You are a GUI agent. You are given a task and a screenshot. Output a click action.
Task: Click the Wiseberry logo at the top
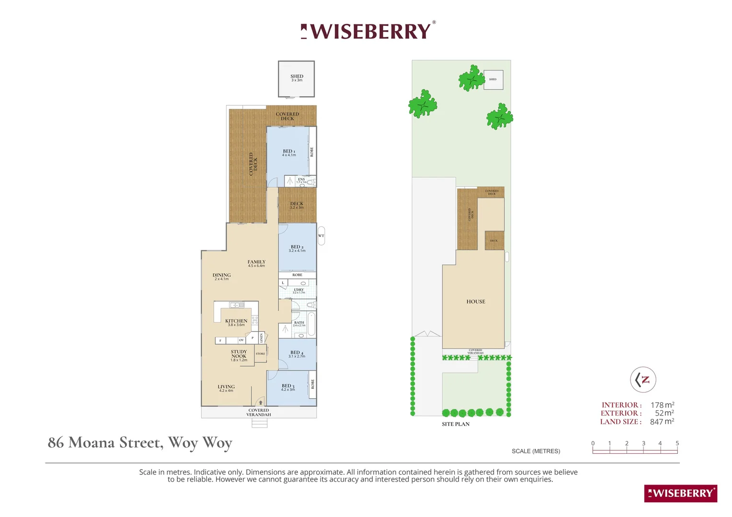coord(368,31)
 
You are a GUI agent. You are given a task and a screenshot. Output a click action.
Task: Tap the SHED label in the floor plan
coord(297,77)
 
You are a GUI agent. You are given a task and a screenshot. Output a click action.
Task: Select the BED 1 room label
coord(289,152)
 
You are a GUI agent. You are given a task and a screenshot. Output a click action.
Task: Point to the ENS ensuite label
coord(301,180)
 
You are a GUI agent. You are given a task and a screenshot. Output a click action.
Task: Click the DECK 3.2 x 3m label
coord(297,205)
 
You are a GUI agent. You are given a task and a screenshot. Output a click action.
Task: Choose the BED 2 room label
coord(297,248)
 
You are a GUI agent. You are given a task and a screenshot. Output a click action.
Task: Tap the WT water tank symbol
coord(321,236)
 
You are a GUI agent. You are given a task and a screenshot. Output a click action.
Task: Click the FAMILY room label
coord(256,263)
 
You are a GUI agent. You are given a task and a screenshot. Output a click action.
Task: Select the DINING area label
coord(222,276)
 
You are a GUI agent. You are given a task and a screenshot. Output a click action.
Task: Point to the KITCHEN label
coord(236,322)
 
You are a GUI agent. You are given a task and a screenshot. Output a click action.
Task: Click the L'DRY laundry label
coord(299,290)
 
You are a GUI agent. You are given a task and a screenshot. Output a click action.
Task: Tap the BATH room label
coord(299,323)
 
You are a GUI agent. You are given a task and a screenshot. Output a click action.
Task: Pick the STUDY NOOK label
coord(239,355)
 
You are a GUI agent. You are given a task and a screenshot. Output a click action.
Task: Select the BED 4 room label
coord(297,353)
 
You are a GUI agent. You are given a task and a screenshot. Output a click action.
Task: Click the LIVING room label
coord(226,387)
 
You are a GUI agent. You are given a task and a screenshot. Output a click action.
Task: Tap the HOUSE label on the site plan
coord(476,302)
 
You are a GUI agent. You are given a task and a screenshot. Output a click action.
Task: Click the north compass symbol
coord(643,380)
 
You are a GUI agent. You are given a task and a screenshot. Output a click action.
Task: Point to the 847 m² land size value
coord(662,422)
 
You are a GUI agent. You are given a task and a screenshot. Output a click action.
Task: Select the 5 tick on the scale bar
coord(677,443)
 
